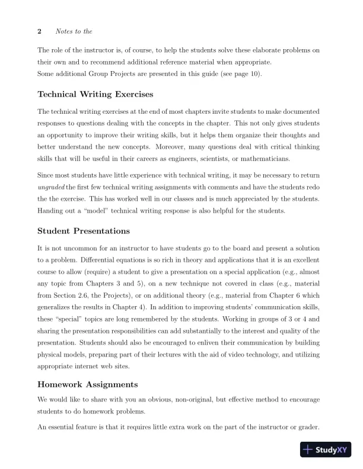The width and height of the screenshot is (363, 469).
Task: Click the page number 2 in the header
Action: pyautogui.click(x=39, y=31)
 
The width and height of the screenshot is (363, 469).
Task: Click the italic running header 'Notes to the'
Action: pyautogui.click(x=74, y=31)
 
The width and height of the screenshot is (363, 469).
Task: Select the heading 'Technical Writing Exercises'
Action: pyautogui.click(x=95, y=94)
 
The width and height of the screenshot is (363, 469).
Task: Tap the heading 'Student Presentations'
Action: pyautogui.click(x=84, y=230)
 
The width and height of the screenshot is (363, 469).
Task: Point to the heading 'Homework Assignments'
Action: pyautogui.click(x=88, y=384)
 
